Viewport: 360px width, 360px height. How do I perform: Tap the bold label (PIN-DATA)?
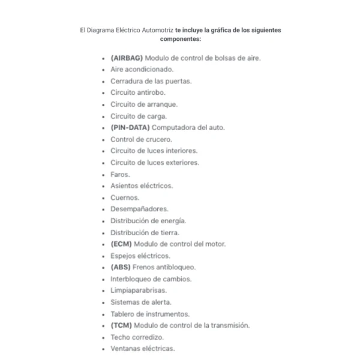point(130,128)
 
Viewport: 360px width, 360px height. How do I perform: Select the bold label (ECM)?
point(121,244)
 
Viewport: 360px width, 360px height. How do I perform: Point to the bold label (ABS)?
point(121,267)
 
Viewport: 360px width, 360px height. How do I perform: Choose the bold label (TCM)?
point(121,325)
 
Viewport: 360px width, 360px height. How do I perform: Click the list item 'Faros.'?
point(121,174)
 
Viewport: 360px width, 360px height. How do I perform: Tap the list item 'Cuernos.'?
point(125,197)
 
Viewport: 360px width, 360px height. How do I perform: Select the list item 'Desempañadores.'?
point(140,209)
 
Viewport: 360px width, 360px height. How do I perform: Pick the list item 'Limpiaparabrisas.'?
point(139,290)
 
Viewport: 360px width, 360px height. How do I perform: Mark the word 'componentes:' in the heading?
point(180,38)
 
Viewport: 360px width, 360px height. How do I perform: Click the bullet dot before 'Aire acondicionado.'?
point(104,70)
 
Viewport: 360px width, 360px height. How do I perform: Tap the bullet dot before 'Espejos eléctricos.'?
point(104,256)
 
